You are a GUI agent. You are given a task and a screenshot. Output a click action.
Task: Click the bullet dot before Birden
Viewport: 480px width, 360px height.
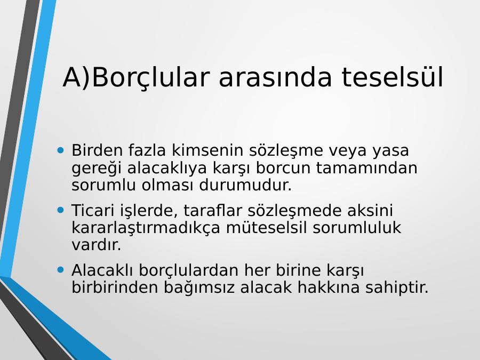61,150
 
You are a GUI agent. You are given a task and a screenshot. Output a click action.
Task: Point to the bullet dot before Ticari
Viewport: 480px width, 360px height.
61,210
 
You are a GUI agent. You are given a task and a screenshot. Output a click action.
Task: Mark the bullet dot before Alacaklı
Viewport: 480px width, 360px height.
61,270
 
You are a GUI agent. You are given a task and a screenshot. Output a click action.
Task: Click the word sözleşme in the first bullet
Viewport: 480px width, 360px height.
286,151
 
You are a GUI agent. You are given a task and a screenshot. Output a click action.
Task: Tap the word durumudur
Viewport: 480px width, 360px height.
245,185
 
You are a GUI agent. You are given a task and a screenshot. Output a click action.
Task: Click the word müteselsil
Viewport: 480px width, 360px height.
266,227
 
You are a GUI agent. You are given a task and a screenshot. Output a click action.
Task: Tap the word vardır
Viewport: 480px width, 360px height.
97,245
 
